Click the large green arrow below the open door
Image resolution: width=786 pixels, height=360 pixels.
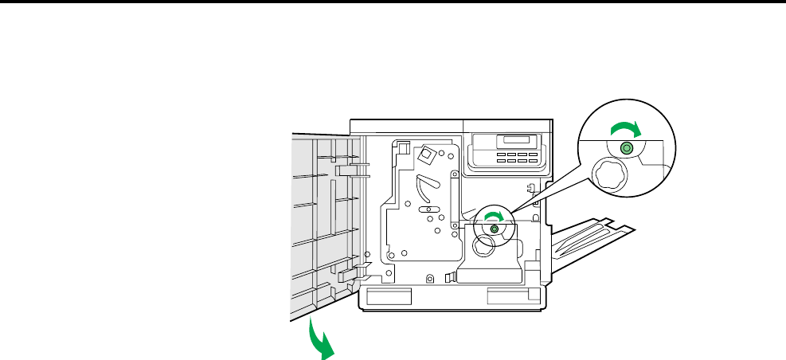(x=321, y=341)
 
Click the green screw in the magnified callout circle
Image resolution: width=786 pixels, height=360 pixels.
(x=626, y=148)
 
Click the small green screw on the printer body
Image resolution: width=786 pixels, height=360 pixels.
(x=494, y=229)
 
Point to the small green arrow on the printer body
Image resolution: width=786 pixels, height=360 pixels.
(x=495, y=217)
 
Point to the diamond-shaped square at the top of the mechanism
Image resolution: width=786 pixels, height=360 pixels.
(x=428, y=154)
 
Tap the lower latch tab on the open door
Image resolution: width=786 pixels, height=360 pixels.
(x=349, y=274)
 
